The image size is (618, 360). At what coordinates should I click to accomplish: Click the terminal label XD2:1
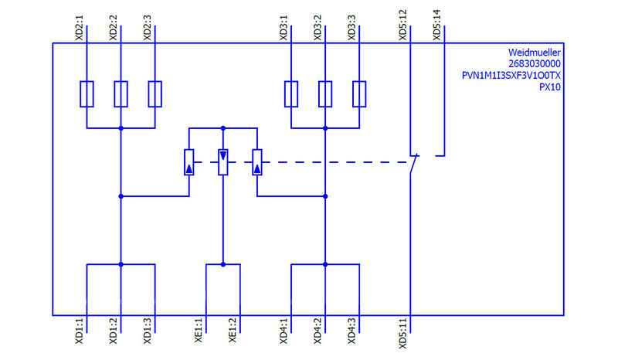click(78, 25)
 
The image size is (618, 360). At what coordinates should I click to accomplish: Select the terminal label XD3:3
click(351, 25)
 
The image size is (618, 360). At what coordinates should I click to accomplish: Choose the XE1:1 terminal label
click(199, 332)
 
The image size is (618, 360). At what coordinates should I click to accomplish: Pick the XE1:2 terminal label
click(233, 332)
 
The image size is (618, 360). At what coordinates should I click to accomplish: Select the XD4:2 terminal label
click(317, 332)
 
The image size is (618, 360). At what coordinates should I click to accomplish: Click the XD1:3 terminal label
click(148, 332)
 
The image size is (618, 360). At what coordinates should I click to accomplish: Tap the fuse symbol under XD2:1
click(87, 93)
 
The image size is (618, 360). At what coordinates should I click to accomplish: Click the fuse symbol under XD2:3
click(155, 93)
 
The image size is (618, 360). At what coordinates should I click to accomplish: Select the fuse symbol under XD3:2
click(325, 93)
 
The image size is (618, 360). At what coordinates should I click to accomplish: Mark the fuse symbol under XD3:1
click(291, 93)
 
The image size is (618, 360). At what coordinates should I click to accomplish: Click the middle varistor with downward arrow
click(223, 161)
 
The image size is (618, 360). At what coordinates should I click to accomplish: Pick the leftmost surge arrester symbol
click(189, 161)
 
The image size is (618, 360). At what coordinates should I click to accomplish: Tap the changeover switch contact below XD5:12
click(416, 162)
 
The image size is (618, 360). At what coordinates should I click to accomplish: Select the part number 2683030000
click(535, 64)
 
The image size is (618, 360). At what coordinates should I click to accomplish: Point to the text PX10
click(548, 87)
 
